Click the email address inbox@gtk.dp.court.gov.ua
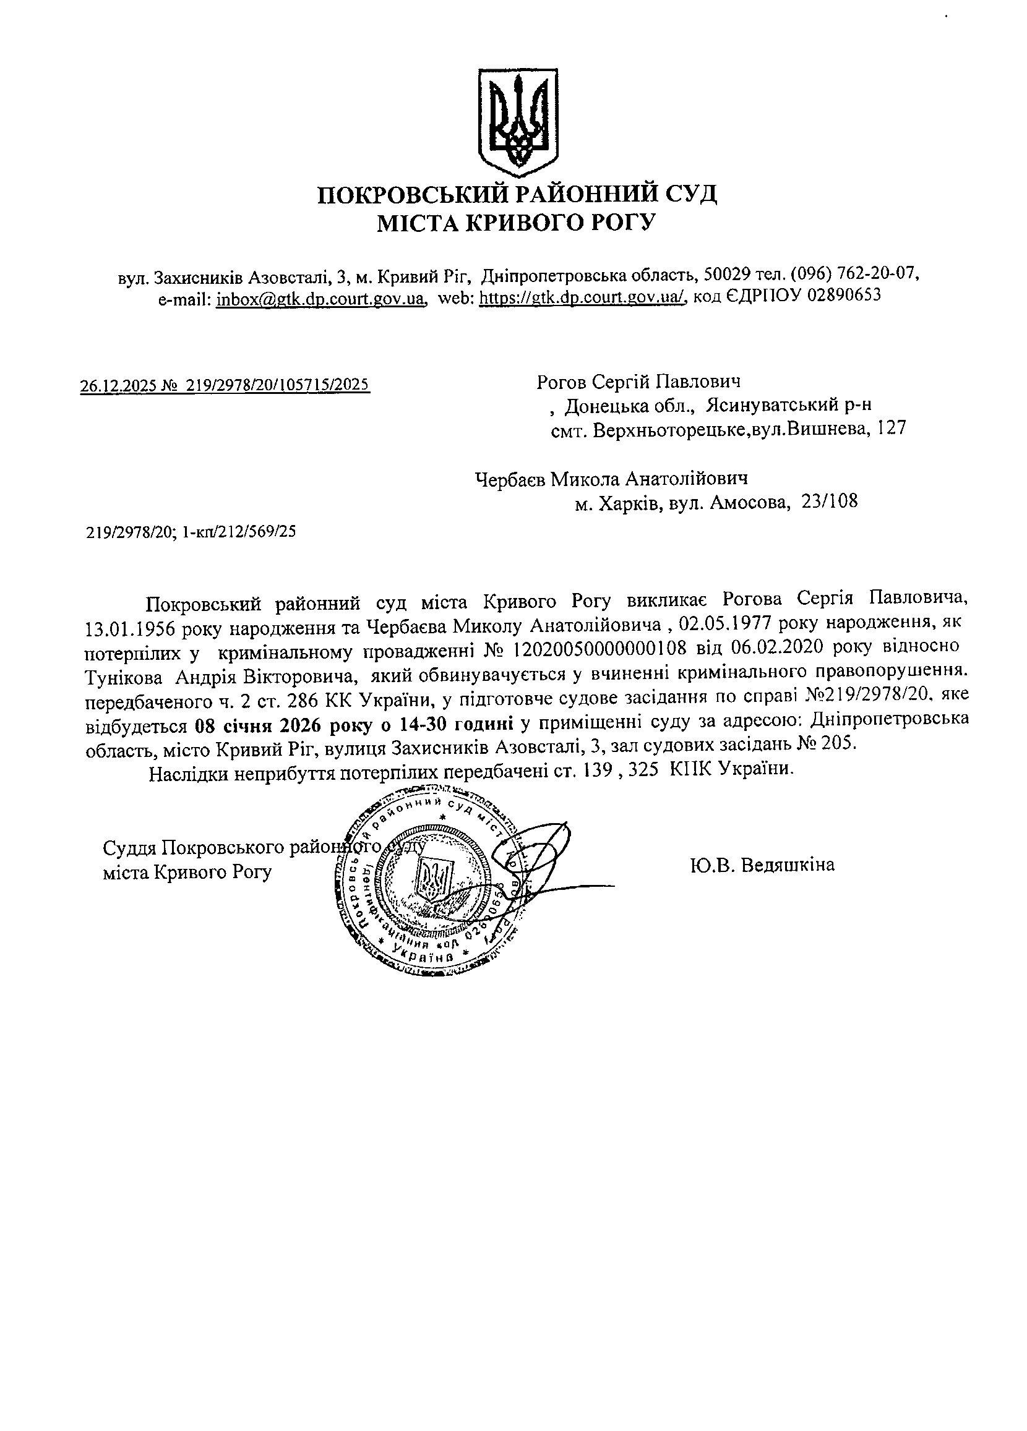click(319, 299)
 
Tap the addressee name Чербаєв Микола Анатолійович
click(611, 479)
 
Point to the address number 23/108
click(830, 502)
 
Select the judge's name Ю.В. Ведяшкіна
click(762, 865)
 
